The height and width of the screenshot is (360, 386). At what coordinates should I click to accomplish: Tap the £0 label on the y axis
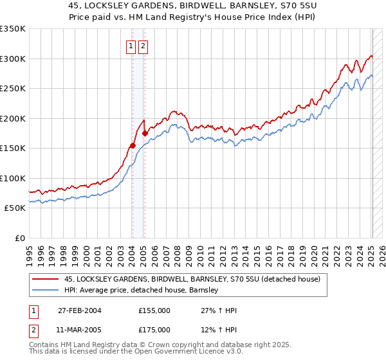19,238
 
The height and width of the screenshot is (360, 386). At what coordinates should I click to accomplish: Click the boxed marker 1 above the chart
131,46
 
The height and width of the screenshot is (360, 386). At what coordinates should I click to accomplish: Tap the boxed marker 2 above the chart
142,46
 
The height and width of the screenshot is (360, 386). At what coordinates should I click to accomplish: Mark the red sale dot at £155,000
133,145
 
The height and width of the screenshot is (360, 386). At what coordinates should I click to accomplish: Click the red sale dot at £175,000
145,134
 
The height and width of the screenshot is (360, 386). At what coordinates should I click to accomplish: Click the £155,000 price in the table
154,310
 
